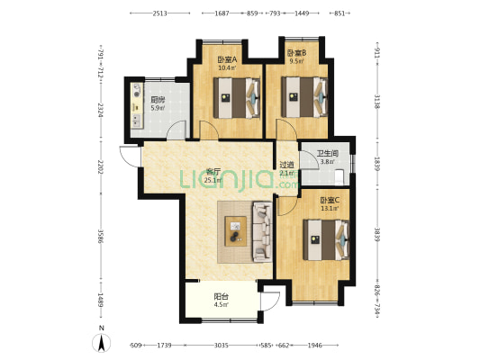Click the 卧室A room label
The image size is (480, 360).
pyautogui.click(x=227, y=59)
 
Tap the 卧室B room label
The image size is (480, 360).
pyautogui.click(x=296, y=53)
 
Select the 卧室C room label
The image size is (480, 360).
pyautogui.click(x=330, y=201)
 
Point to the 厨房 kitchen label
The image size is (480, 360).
pyautogui.click(x=158, y=100)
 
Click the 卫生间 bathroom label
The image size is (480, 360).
pyautogui.click(x=327, y=154)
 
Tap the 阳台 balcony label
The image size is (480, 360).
pyautogui.click(x=221, y=296)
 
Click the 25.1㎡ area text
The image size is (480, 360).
pyautogui.click(x=213, y=180)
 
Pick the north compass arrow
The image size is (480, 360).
pyautogui.click(x=102, y=343)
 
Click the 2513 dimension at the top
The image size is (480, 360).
pyautogui.click(x=159, y=13)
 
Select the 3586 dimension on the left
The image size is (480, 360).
pyautogui.click(x=100, y=236)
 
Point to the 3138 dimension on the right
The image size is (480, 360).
pyautogui.click(x=377, y=101)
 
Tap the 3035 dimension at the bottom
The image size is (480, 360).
pyautogui.click(x=221, y=346)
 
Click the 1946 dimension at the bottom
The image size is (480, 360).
pyautogui.click(x=314, y=346)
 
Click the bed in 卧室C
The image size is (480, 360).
pyautogui.click(x=326, y=240)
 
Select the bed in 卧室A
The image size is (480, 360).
pyautogui.click(x=237, y=98)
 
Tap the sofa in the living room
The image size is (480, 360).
pyautogui.click(x=262, y=232)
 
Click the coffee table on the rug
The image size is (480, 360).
pyautogui.click(x=236, y=231)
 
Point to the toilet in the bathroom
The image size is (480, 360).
pyautogui.click(x=339, y=177)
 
